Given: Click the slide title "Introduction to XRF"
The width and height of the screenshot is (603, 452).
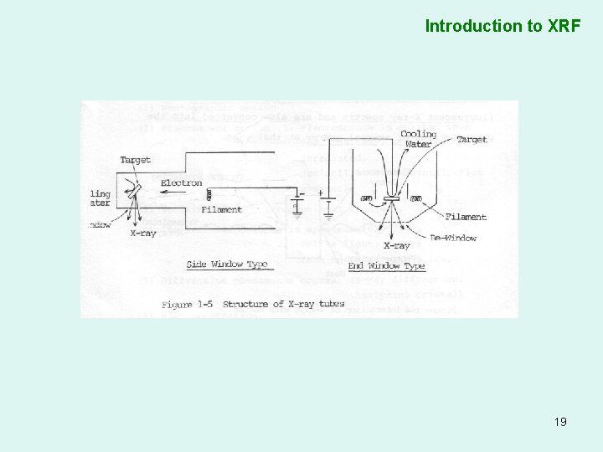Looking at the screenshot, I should [502, 26].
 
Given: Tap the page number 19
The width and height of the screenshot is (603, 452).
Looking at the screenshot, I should [560, 422].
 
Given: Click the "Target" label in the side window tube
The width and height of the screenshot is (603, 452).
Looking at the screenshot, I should [135, 160].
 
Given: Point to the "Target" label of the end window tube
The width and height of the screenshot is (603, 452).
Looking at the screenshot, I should [472, 140].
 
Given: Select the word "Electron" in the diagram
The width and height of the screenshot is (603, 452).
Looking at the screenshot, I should [181, 183].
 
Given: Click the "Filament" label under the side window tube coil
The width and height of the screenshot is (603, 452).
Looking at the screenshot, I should [221, 210].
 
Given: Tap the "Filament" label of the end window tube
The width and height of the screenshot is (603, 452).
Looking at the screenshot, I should [466, 217].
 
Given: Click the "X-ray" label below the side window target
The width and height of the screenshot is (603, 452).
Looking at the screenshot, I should [143, 234].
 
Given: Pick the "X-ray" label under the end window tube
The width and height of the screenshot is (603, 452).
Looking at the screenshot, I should [396, 246].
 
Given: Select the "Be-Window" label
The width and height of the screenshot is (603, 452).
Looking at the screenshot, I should [453, 238].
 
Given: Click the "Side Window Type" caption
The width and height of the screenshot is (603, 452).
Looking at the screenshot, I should [226, 265].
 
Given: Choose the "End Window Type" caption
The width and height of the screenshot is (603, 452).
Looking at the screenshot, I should [386, 266].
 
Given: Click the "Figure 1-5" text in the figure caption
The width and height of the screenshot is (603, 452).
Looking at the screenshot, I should [188, 304].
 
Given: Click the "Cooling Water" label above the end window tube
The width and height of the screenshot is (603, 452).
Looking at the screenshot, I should [418, 139].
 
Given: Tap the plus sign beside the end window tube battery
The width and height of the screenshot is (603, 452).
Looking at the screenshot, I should [321, 193].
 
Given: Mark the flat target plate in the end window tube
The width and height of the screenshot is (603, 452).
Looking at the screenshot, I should [391, 202].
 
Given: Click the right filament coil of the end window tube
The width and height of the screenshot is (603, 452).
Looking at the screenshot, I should [416, 198].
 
